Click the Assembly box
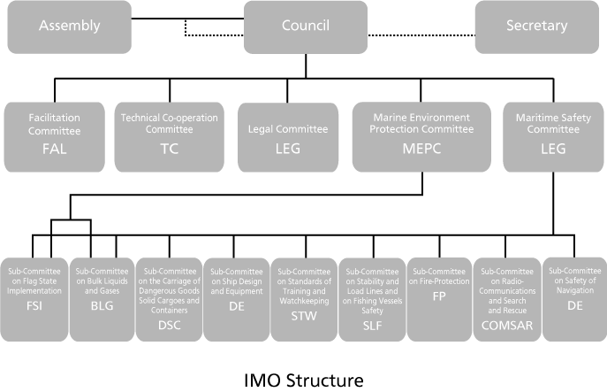(x=69, y=26)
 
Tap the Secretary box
(x=537, y=26)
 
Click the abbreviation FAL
(x=55, y=148)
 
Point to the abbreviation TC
(x=169, y=148)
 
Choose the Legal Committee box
(x=288, y=136)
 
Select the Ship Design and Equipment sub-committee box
(x=235, y=300)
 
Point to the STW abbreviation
(x=302, y=311)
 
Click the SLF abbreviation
(x=371, y=325)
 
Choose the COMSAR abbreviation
(x=506, y=325)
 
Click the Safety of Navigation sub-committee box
(x=573, y=300)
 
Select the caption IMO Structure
(x=303, y=380)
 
